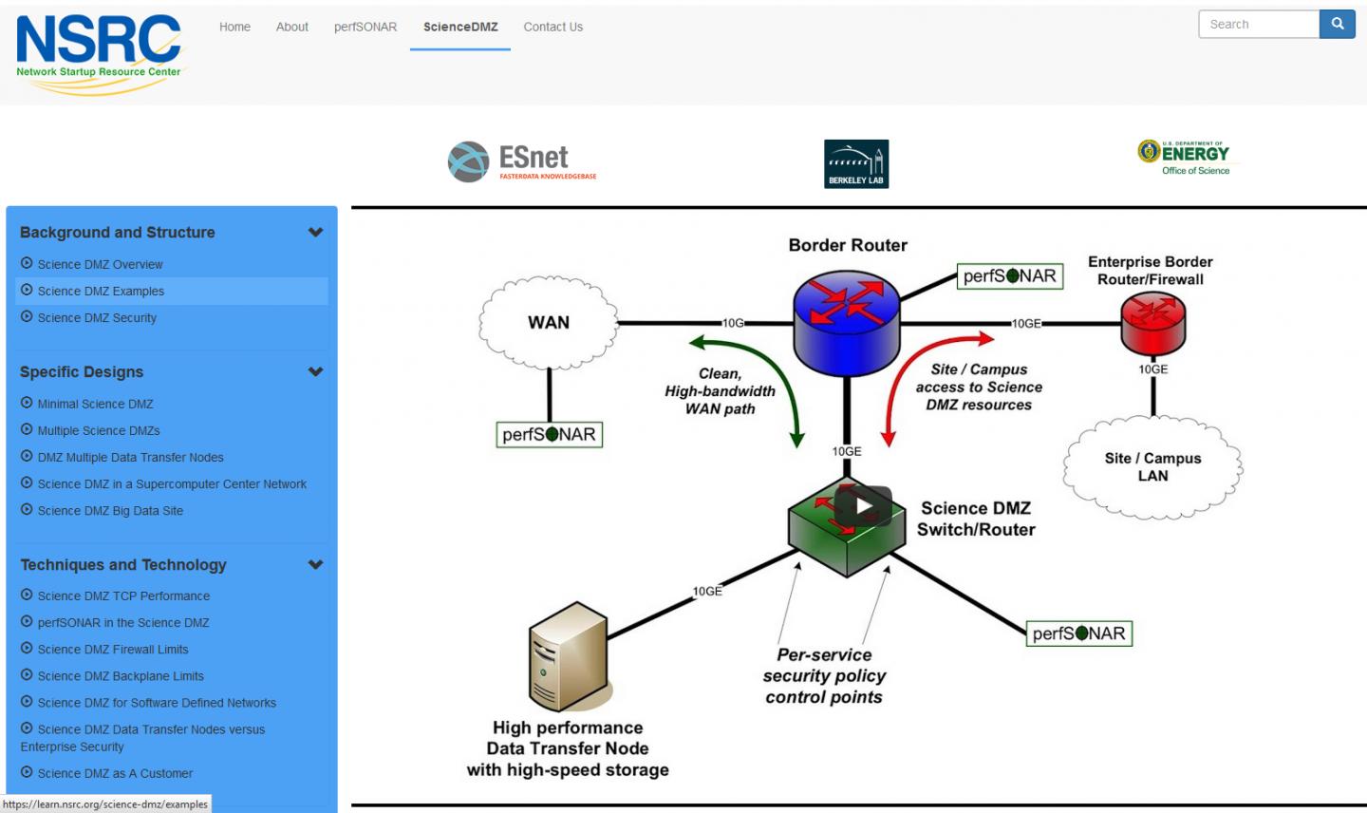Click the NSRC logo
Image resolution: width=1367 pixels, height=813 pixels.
[98, 52]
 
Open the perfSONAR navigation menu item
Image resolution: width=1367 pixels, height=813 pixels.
[365, 27]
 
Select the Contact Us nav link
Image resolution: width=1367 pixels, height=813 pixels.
[552, 27]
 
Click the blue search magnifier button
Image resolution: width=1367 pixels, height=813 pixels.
[1337, 25]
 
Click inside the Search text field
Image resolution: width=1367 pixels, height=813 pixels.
[1258, 25]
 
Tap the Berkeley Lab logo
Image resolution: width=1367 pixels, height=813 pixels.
[855, 164]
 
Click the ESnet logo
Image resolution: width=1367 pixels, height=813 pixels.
[522, 161]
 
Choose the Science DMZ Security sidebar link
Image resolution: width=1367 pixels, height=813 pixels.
[97, 318]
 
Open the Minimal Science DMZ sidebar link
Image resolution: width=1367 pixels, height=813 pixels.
[95, 404]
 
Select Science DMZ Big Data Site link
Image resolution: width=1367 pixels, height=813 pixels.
[110, 511]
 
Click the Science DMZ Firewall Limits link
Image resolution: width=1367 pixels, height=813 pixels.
[113, 650]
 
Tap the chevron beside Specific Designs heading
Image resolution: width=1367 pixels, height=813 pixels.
[316, 372]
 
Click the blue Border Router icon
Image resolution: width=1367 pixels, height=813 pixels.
[846, 318]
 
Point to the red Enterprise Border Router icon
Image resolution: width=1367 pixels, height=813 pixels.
[1152, 323]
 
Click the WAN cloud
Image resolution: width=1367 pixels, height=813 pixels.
[549, 323]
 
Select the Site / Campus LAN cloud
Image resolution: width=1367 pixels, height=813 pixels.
[1152, 467]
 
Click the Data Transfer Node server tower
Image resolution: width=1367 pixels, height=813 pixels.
[568, 655]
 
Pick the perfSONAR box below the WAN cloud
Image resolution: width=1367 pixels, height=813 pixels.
[550, 435]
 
